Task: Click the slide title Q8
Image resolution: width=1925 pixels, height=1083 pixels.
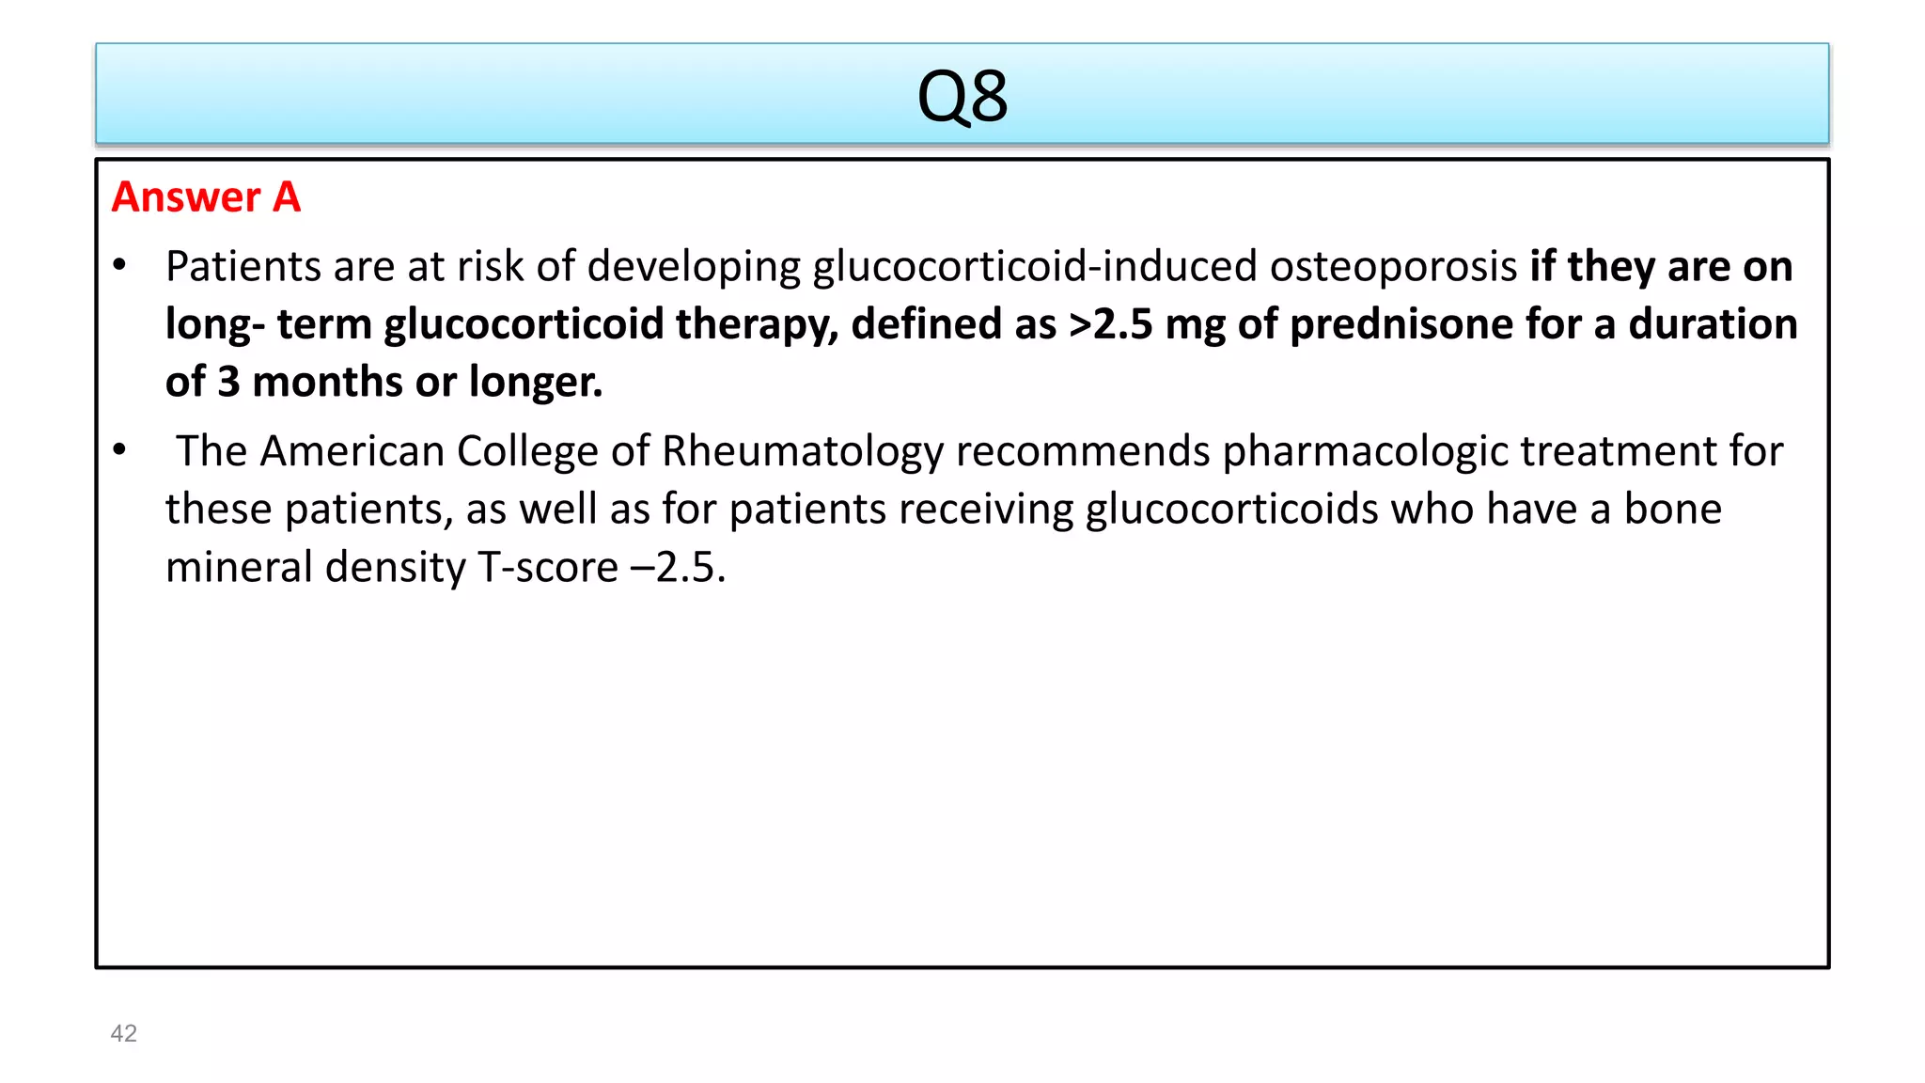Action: pos(962,97)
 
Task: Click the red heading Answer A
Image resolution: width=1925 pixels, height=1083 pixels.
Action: pos(206,197)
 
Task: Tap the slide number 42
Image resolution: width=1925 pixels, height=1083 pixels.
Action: pos(124,1033)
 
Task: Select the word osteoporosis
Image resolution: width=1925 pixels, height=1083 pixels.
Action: pos(1393,267)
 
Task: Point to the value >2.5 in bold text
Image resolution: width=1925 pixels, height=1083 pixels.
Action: pos(1110,324)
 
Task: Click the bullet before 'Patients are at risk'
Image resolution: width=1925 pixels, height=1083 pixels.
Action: pos(119,266)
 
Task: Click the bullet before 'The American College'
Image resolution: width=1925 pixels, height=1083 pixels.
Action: pos(119,450)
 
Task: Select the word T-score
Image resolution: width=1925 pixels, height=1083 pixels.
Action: pos(548,568)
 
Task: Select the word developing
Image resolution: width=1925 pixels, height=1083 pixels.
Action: pos(693,267)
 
